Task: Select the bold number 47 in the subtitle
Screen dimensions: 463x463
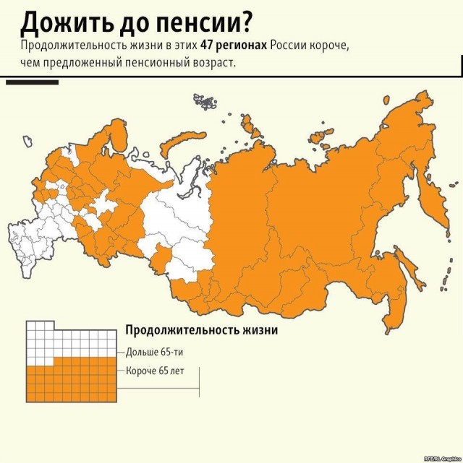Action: (208, 46)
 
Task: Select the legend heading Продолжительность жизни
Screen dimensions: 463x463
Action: (202, 330)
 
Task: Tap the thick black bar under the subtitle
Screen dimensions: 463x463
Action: (32, 82)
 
